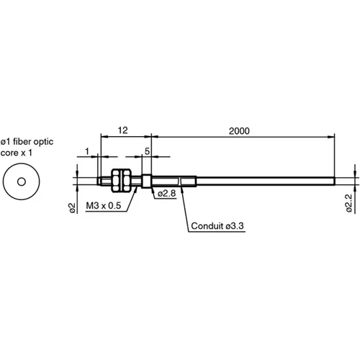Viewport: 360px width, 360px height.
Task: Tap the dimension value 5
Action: (x=147, y=151)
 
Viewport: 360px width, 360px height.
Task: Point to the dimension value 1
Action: (x=86, y=151)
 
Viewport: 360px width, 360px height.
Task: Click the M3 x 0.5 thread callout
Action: (x=103, y=207)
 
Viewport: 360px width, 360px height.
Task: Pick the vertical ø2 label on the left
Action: (x=72, y=207)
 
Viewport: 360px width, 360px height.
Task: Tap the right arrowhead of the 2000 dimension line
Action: (x=333, y=135)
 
